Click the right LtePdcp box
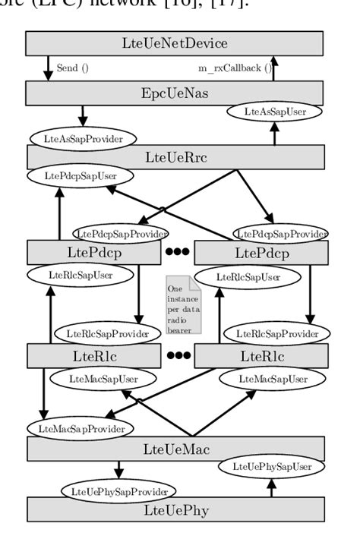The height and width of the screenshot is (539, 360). coord(261,251)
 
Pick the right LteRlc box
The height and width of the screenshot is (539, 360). coord(261,355)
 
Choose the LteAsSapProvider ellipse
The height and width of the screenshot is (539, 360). coord(83,139)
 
